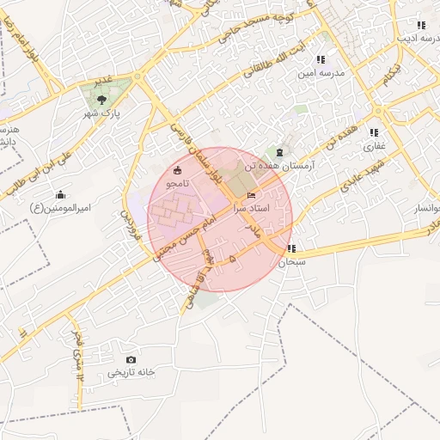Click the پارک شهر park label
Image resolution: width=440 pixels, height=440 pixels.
pos(101,113)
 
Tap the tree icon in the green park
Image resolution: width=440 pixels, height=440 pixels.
pos(103,100)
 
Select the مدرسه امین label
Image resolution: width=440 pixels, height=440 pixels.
pos(321,73)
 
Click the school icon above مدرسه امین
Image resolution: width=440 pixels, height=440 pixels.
pos(321,60)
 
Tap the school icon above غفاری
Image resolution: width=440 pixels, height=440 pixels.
pos(374,132)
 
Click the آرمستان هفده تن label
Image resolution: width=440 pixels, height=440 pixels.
pos(280,164)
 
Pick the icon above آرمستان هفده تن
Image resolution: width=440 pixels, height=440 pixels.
pos(280,151)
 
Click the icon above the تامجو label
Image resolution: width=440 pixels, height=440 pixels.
pos(177,170)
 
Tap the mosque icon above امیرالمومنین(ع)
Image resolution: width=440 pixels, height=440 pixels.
pos(60,194)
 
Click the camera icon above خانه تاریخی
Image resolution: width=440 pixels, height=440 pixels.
pos(131,359)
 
